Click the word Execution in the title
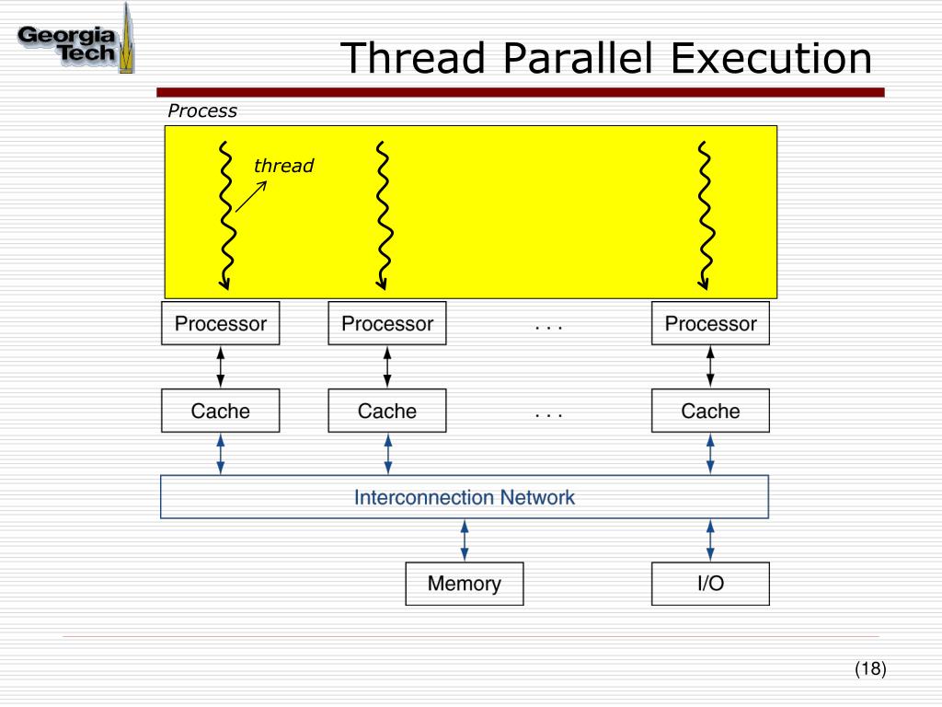tap(770, 59)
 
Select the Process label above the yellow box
tap(202, 111)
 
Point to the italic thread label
tap(283, 166)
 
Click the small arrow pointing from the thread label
tap(251, 196)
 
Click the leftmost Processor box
tap(221, 323)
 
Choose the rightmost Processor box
tap(710, 323)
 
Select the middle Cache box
tap(386, 411)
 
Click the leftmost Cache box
tap(220, 411)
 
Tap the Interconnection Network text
tap(465, 498)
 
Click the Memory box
tap(465, 584)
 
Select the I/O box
tap(710, 584)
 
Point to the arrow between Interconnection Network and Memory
tap(465, 540)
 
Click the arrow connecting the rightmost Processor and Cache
tap(710, 366)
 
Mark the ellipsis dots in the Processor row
tap(548, 326)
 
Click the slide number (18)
tap(869, 669)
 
